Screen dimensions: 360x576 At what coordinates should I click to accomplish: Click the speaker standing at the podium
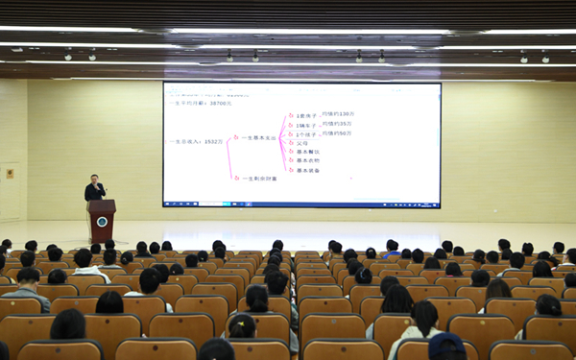click(94, 188)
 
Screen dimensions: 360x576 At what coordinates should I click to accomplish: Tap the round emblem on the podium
click(102, 222)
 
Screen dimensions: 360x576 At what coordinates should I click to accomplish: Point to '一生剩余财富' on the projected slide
click(260, 178)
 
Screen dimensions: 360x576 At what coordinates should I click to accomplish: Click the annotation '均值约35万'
click(338, 123)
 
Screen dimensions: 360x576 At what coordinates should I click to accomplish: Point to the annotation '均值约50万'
click(338, 133)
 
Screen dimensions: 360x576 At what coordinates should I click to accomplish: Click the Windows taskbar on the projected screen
click(301, 204)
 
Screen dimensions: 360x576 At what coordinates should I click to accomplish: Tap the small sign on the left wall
click(10, 174)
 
